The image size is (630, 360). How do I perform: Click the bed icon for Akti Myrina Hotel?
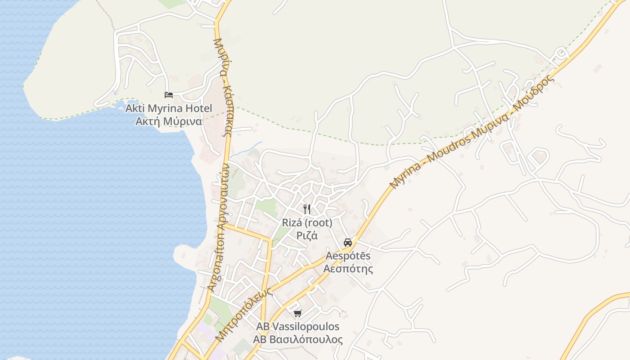pyautogui.click(x=169, y=95)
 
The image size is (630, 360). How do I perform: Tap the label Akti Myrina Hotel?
pyautogui.click(x=169, y=108)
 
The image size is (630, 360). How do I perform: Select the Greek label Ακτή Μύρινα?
pyautogui.click(x=169, y=121)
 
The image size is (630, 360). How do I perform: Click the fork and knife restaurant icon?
pyautogui.click(x=307, y=209)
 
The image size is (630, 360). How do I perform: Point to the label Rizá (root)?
pyautogui.click(x=307, y=223)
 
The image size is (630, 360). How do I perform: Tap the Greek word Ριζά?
pyautogui.click(x=307, y=235)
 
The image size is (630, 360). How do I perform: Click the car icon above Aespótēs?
pyautogui.click(x=348, y=243)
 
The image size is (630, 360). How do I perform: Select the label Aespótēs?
pyautogui.click(x=348, y=256)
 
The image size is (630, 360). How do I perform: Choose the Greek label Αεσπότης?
pyautogui.click(x=348, y=269)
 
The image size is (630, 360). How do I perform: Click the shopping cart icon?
pyautogui.click(x=297, y=313)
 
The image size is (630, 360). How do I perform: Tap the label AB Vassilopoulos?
pyautogui.click(x=298, y=327)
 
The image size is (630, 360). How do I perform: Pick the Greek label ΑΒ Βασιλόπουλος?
pyautogui.click(x=298, y=339)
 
